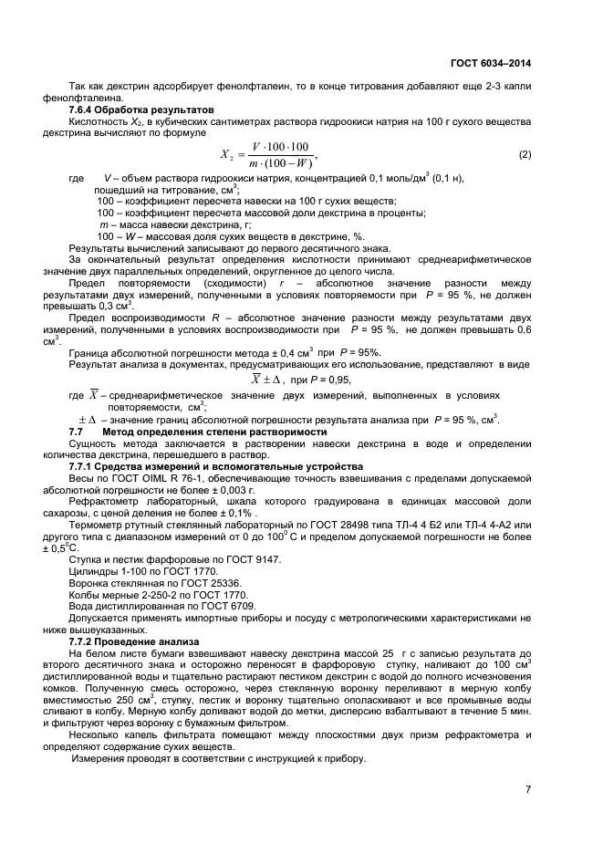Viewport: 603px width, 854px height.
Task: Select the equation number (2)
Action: [x=525, y=154]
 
